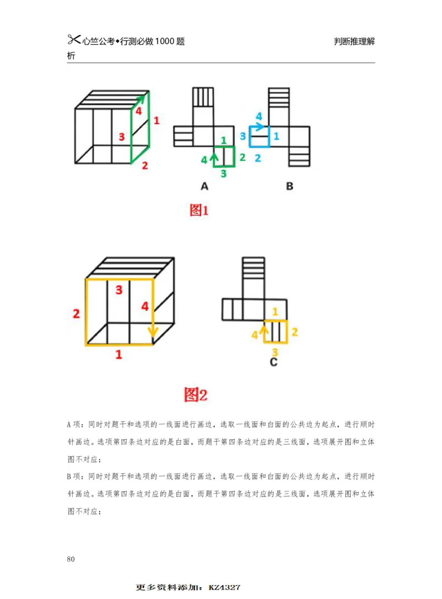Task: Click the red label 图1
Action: tap(199, 210)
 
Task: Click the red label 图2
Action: tap(196, 394)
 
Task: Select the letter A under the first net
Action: tap(204, 186)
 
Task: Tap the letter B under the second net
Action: tap(290, 186)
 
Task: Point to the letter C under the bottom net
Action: tap(273, 362)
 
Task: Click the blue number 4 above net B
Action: tap(259, 116)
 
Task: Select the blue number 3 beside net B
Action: tap(242, 136)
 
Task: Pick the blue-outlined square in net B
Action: tap(259, 137)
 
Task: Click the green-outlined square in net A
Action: tap(224, 156)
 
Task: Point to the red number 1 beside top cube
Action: tap(156, 120)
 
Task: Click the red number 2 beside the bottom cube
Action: tap(76, 314)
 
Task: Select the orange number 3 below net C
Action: tap(275, 351)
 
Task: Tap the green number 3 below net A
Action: tap(223, 174)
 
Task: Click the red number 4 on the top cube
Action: tap(139, 111)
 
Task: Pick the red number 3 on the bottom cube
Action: tap(119, 290)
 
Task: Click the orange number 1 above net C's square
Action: tap(275, 312)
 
